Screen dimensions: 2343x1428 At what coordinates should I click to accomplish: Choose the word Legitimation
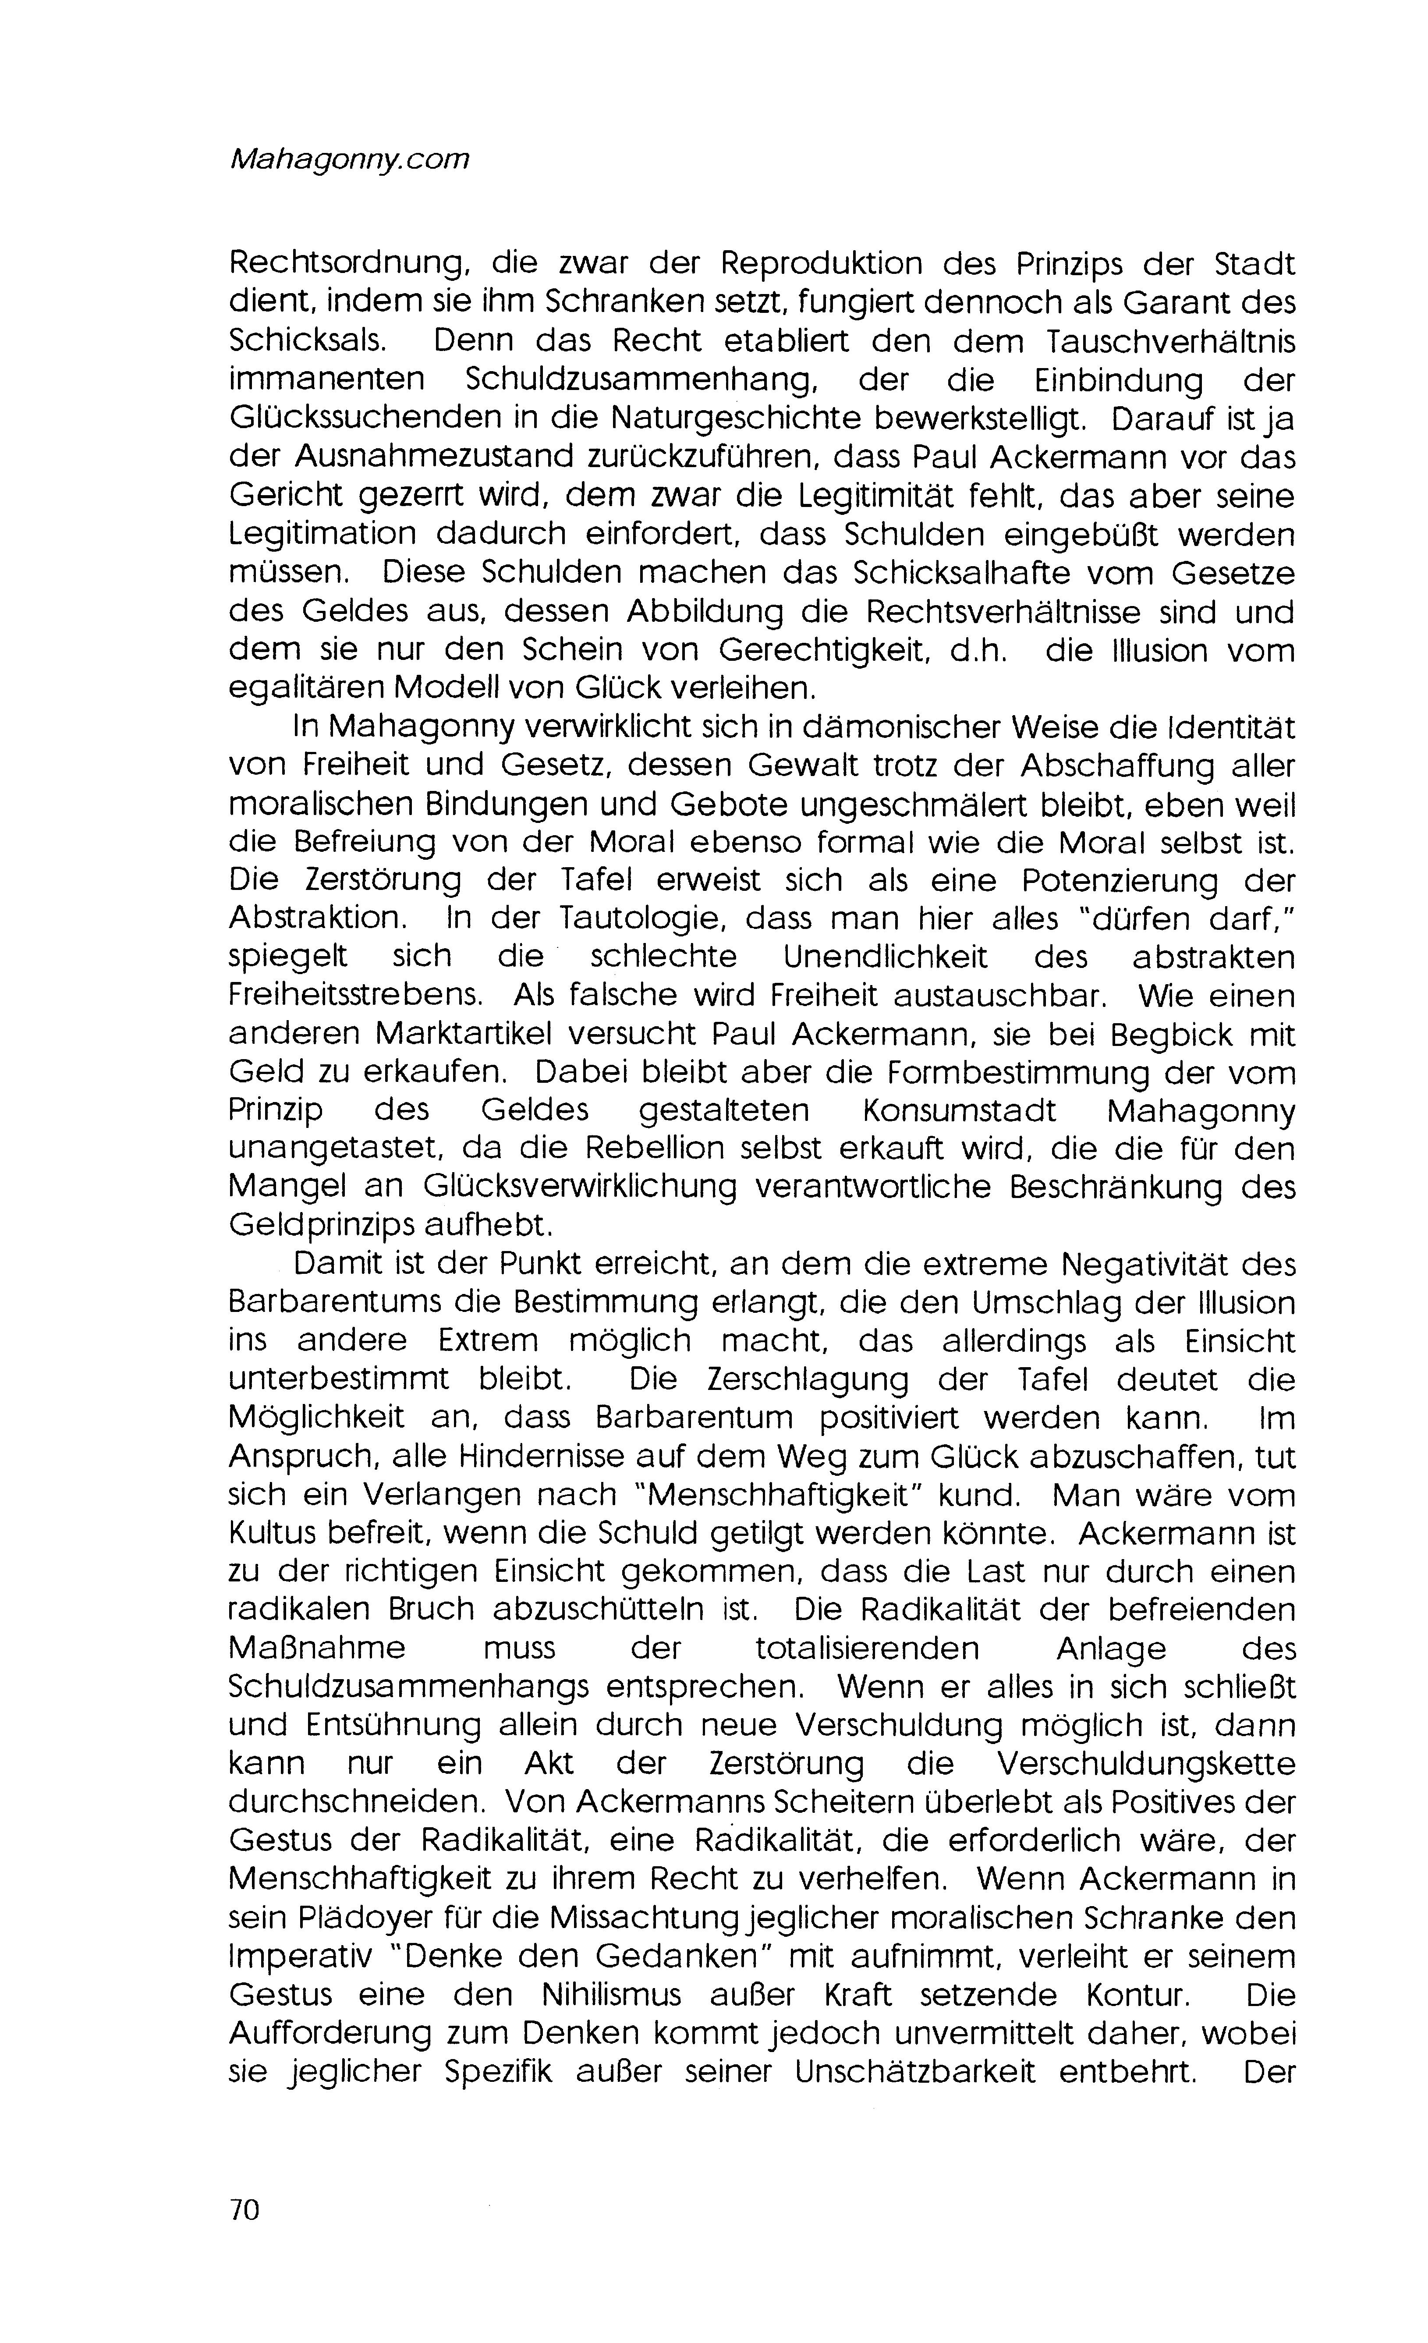click(x=322, y=535)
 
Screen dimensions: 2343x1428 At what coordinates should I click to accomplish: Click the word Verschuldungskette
click(x=1146, y=1765)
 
